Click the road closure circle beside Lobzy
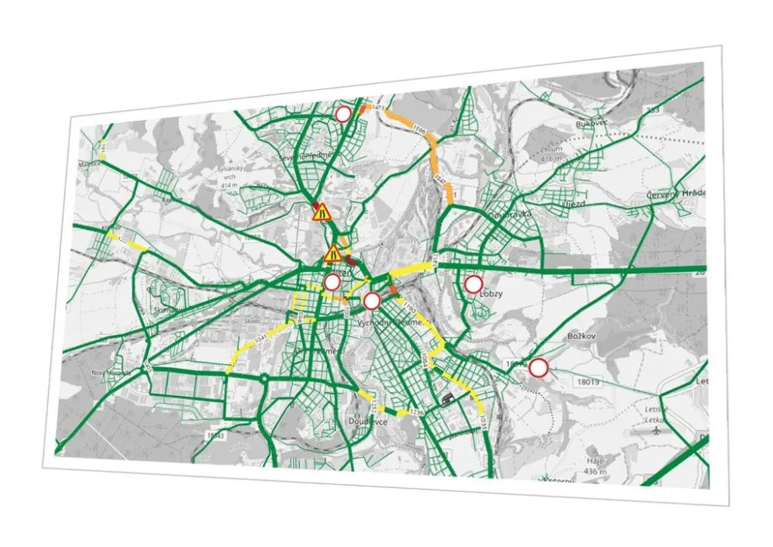coord(473,284)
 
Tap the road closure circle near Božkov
coord(538,367)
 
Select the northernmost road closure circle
coord(343,114)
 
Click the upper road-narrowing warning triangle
coord(321,212)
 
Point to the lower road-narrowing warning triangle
coord(333,253)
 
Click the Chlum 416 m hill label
coord(551,153)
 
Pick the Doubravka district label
coord(506,214)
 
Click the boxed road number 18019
coord(587,382)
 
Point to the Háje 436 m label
coord(594,465)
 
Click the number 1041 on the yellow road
coord(259,339)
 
